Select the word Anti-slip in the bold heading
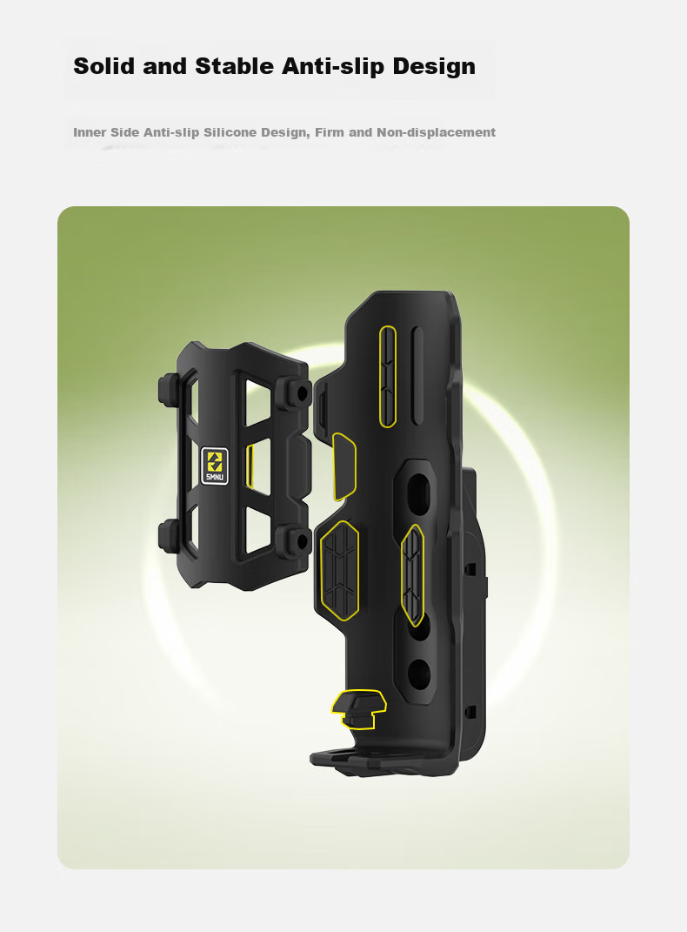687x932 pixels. point(333,66)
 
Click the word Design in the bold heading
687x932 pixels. point(434,66)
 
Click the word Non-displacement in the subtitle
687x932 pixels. point(436,132)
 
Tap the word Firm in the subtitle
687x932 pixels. point(330,132)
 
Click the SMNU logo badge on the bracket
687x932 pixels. point(214,466)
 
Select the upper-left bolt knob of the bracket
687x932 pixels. point(170,389)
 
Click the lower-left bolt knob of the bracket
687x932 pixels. point(170,533)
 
